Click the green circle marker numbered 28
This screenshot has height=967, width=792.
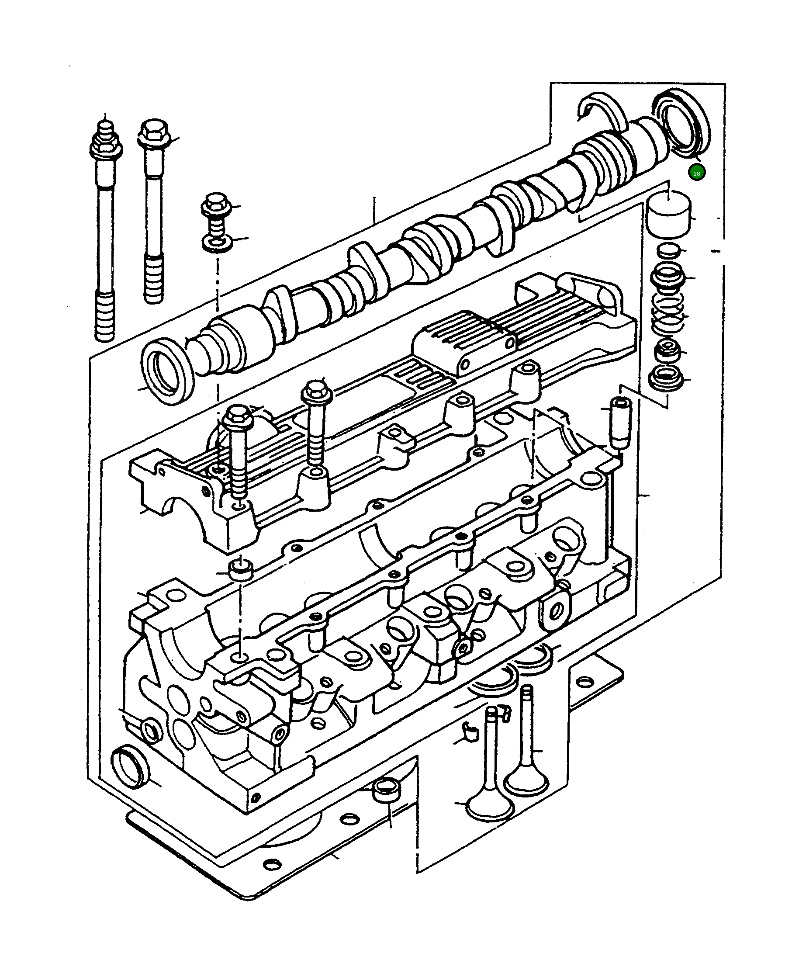pyautogui.click(x=696, y=173)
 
